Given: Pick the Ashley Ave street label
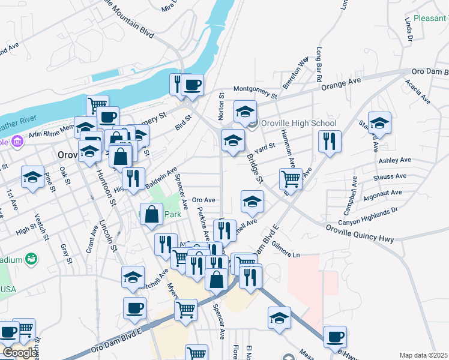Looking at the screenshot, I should (x=394, y=161).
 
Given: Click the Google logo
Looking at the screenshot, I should (x=19, y=352).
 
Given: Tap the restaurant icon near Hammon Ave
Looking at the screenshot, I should (x=330, y=142).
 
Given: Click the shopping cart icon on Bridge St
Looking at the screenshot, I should (x=291, y=178).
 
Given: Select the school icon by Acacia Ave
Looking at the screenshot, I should (x=379, y=123).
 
